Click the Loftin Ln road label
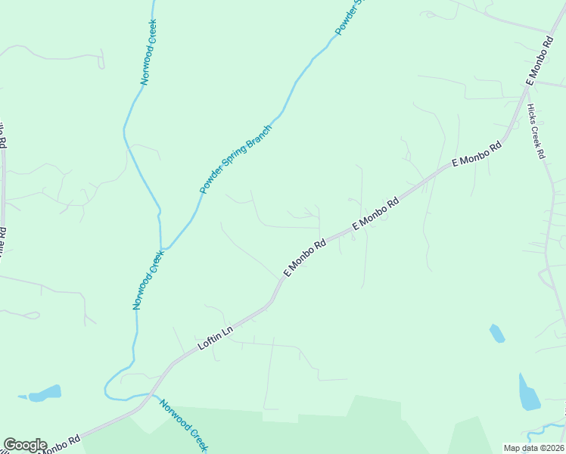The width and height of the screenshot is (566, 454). click(x=215, y=337)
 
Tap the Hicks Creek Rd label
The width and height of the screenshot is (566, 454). click(x=536, y=131)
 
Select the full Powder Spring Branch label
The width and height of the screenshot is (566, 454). click(x=235, y=160)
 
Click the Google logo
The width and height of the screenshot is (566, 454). click(x=25, y=445)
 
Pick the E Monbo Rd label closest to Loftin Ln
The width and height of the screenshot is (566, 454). click(x=304, y=258)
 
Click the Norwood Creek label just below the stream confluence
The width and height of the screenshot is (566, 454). click(x=148, y=281)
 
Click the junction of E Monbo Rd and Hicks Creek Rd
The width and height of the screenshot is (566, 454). click(x=525, y=90)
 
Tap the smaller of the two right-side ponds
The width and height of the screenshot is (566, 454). click(x=497, y=333)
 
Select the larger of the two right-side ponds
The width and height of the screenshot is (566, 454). click(x=529, y=393)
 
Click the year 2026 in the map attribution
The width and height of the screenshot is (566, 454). click(x=551, y=448)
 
